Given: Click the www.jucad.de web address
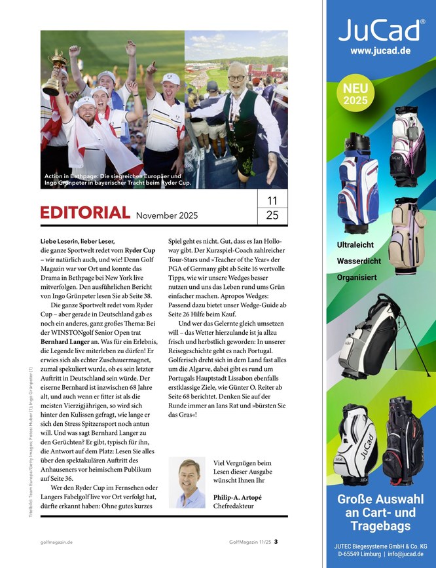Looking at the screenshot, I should click(380, 50).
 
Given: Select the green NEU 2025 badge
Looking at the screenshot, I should click(355, 94).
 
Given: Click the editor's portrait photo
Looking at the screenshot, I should click(188, 483).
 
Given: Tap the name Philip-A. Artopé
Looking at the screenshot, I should click(238, 497).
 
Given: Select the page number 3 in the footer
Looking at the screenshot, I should click(276, 541).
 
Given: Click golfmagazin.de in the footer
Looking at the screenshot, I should click(56, 542).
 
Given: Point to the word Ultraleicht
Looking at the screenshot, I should click(355, 245).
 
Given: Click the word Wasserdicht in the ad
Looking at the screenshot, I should click(357, 261).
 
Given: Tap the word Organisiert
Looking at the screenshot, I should click(356, 277).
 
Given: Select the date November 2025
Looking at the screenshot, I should click(166, 215).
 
